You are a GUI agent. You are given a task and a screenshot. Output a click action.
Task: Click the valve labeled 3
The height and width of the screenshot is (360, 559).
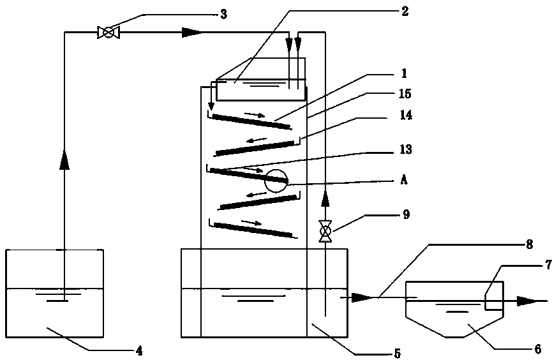click(105, 32)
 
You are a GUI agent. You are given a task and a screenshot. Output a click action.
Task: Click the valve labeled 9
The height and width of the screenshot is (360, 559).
click(325, 230)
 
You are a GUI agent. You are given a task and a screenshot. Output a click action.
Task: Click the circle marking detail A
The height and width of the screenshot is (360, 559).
click(276, 181)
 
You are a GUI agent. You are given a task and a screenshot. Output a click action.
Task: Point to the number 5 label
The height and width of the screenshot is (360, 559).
click(396, 352)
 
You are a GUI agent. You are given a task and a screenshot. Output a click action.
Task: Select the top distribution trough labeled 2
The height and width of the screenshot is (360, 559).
click(260, 90)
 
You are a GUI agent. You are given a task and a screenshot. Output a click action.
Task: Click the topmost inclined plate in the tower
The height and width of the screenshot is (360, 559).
click(252, 121)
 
